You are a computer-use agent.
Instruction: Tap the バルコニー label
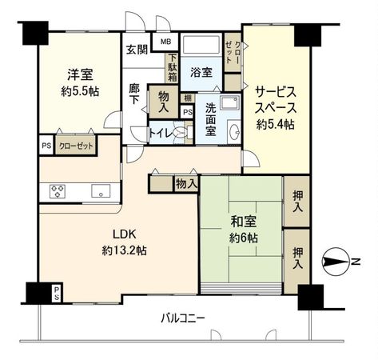(183, 317)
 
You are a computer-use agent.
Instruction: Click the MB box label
(167, 42)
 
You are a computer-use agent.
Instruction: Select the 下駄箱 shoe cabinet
(172, 67)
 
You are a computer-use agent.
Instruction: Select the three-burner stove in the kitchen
(58, 190)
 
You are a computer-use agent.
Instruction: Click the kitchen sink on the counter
(101, 190)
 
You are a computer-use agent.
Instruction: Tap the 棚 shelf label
(187, 98)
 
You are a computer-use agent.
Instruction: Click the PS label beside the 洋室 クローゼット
(46, 146)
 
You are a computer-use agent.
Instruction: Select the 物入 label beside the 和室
(185, 184)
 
